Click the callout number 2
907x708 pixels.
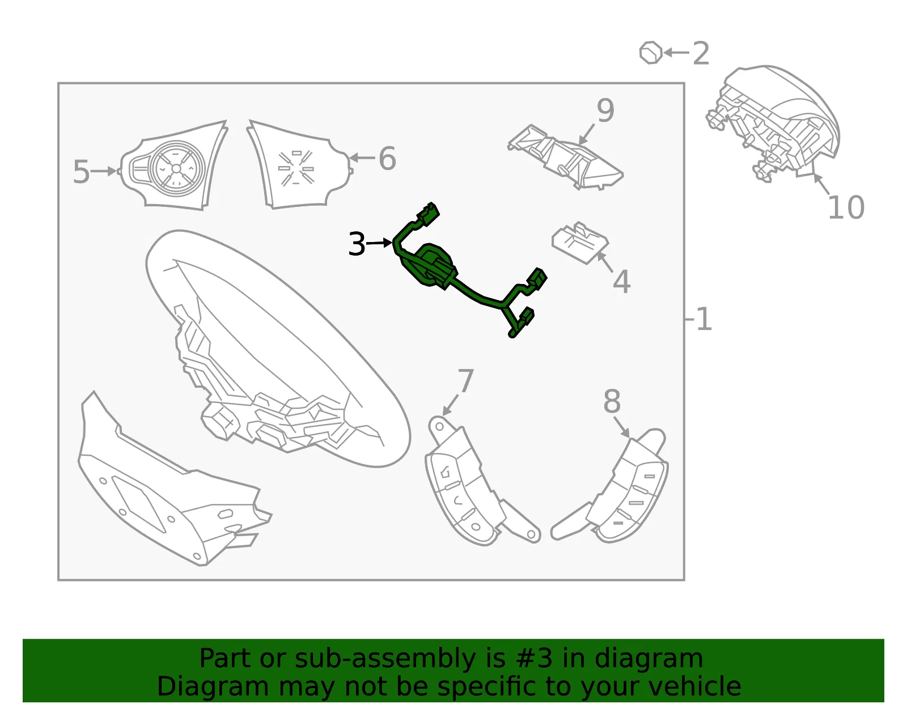[701, 53]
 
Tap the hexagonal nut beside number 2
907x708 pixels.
[651, 53]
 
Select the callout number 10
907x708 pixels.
[846, 207]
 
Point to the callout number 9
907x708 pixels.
[605, 110]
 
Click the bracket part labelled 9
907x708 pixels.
[566, 157]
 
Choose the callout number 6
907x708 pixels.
[387, 159]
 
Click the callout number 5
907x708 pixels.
[81, 171]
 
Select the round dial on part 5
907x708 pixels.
[176, 168]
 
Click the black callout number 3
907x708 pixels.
[357, 244]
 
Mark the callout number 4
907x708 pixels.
[621, 282]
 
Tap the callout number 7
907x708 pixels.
[465, 380]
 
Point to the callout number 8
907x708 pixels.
[612, 401]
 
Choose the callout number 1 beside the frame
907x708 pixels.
[703, 319]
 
